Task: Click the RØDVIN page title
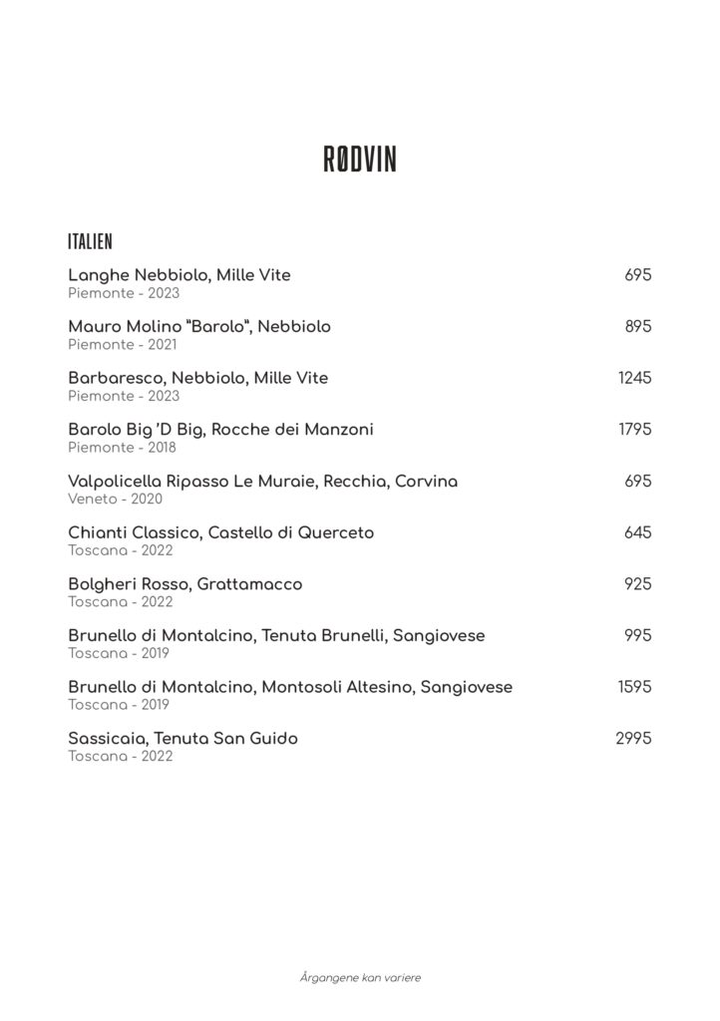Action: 360,160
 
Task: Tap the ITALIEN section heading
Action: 90,242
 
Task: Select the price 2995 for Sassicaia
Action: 633,739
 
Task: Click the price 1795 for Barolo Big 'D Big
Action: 635,430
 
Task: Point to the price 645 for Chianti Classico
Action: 637,532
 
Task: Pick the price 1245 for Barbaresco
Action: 635,378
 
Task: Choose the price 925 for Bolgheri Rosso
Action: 637,584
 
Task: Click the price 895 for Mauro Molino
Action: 637,326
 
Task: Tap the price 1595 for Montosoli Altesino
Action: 635,687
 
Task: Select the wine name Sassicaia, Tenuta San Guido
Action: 182,739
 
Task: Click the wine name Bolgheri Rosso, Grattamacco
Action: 184,584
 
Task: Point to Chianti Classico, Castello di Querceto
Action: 220,532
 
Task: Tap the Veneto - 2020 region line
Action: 115,499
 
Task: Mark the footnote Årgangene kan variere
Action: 360,977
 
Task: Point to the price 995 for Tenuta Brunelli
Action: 637,635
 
